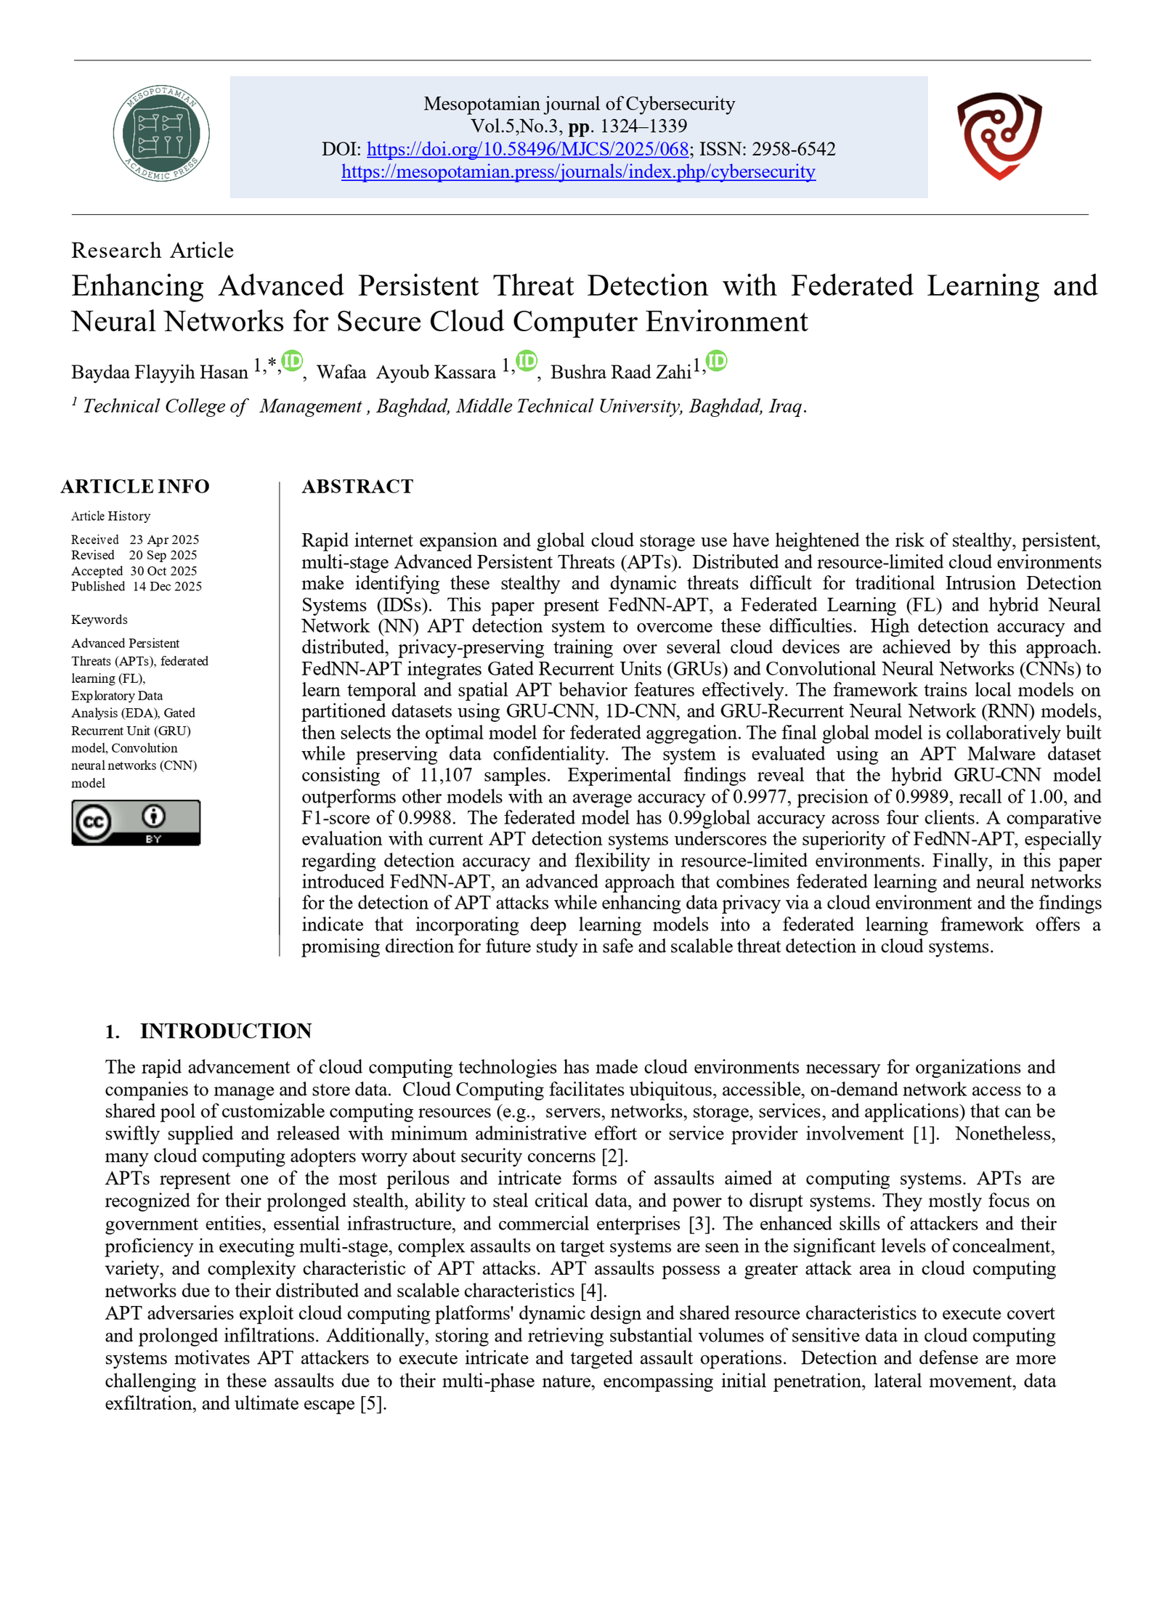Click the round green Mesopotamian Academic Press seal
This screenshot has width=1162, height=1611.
tap(161, 133)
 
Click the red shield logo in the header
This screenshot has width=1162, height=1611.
tap(999, 135)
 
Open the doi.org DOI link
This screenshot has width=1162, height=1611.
tap(527, 149)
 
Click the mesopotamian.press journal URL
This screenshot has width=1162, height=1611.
tap(578, 171)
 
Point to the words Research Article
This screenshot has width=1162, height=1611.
tap(153, 251)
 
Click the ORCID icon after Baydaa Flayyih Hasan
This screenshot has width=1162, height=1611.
tap(292, 361)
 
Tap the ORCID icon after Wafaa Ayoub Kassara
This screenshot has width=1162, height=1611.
tap(526, 361)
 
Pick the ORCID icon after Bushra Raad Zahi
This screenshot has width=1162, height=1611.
tap(716, 361)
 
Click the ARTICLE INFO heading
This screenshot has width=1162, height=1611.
tap(135, 486)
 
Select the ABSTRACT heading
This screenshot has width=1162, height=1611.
tap(357, 486)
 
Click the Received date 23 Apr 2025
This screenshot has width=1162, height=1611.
tap(164, 540)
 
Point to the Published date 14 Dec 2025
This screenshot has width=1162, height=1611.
tap(167, 586)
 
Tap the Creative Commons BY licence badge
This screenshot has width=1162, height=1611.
tap(136, 822)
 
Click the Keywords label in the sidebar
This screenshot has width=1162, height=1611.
tap(99, 620)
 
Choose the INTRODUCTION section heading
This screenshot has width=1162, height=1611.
tap(225, 1031)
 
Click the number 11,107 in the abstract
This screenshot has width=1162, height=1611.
tap(445, 775)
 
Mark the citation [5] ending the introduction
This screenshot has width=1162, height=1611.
tap(373, 1403)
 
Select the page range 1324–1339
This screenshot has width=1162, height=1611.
tap(643, 126)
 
